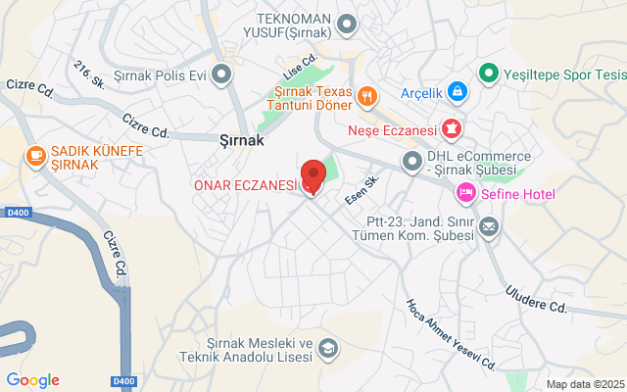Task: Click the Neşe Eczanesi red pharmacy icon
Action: [452, 127]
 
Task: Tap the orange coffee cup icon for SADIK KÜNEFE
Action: [35, 155]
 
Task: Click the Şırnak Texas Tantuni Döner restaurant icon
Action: [367, 95]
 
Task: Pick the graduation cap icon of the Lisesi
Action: [329, 348]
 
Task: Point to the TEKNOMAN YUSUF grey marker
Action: [346, 23]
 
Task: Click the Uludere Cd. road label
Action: [536, 299]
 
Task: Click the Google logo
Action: [32, 380]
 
